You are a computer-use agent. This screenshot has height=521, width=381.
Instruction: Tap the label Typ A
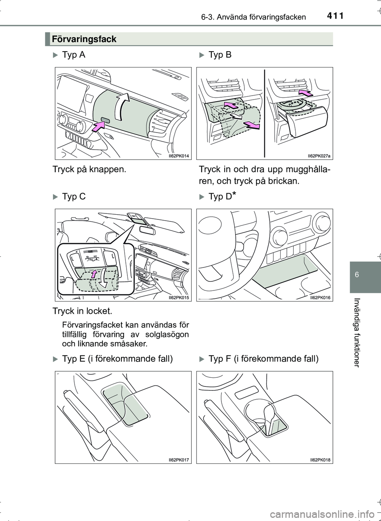click(x=73, y=55)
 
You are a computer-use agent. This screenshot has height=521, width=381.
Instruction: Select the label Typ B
click(x=220, y=55)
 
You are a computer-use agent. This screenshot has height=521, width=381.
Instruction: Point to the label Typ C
click(x=74, y=196)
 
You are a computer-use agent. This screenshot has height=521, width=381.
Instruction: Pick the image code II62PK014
click(x=178, y=156)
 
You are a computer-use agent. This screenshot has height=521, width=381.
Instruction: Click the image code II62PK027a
click(x=319, y=156)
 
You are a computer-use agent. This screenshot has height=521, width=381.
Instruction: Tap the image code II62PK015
click(x=178, y=297)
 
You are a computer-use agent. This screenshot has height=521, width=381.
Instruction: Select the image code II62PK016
click(x=320, y=297)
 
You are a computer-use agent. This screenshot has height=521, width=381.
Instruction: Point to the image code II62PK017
click(x=178, y=459)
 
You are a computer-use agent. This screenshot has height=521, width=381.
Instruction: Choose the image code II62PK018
click(x=320, y=459)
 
